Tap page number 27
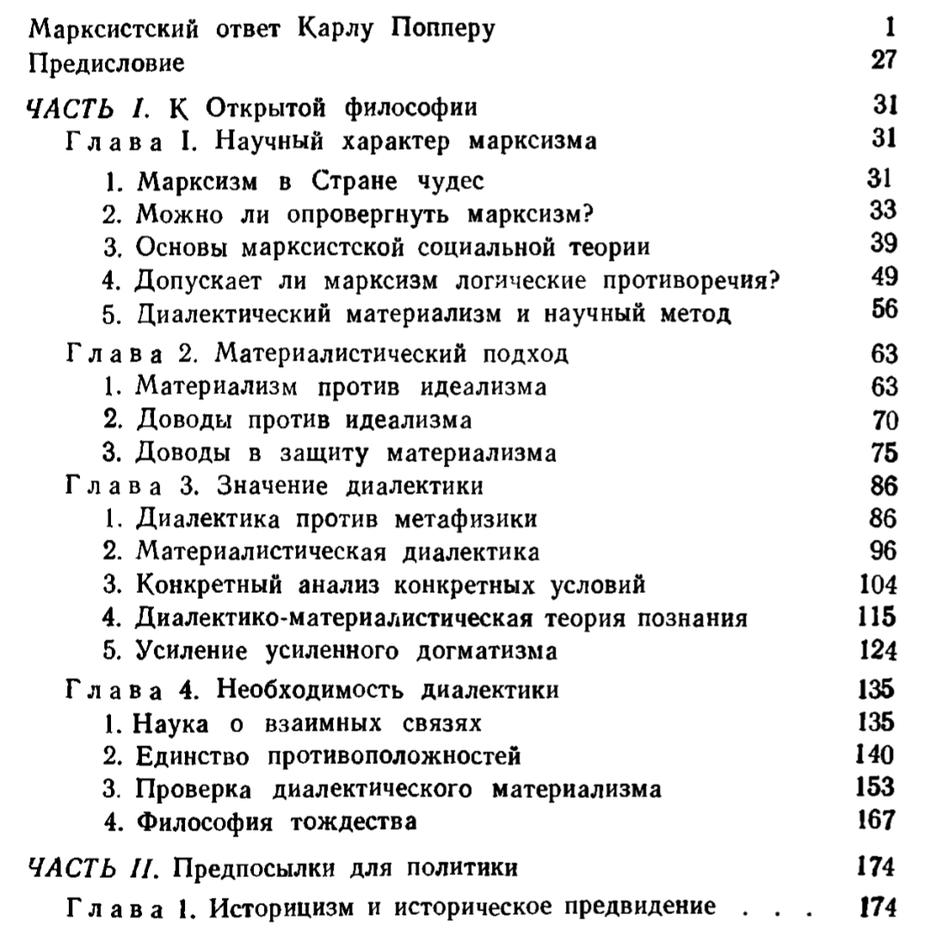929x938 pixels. pyautogui.click(x=883, y=61)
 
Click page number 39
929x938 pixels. pyautogui.click(x=883, y=245)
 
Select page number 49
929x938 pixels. pyautogui.click(x=883, y=279)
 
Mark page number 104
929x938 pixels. pyautogui.click(x=878, y=585)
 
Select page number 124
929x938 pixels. pyautogui.click(x=878, y=651)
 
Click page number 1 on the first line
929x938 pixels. pyautogui.click(x=891, y=28)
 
